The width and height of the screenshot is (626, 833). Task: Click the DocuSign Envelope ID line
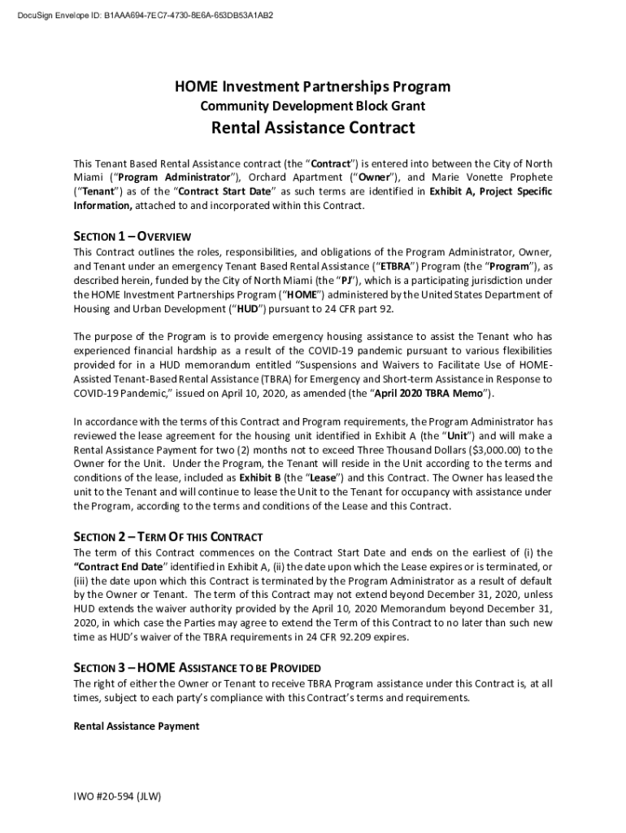(x=146, y=15)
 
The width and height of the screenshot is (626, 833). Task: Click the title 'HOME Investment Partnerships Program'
(x=313, y=87)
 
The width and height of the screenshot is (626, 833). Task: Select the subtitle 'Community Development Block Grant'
(x=313, y=106)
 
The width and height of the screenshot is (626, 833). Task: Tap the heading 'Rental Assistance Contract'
(x=313, y=128)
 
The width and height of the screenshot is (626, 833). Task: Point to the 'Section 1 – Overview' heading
(x=133, y=237)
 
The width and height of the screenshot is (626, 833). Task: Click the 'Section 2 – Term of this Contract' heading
(x=168, y=537)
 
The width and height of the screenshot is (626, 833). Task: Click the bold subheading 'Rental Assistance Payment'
(x=137, y=726)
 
